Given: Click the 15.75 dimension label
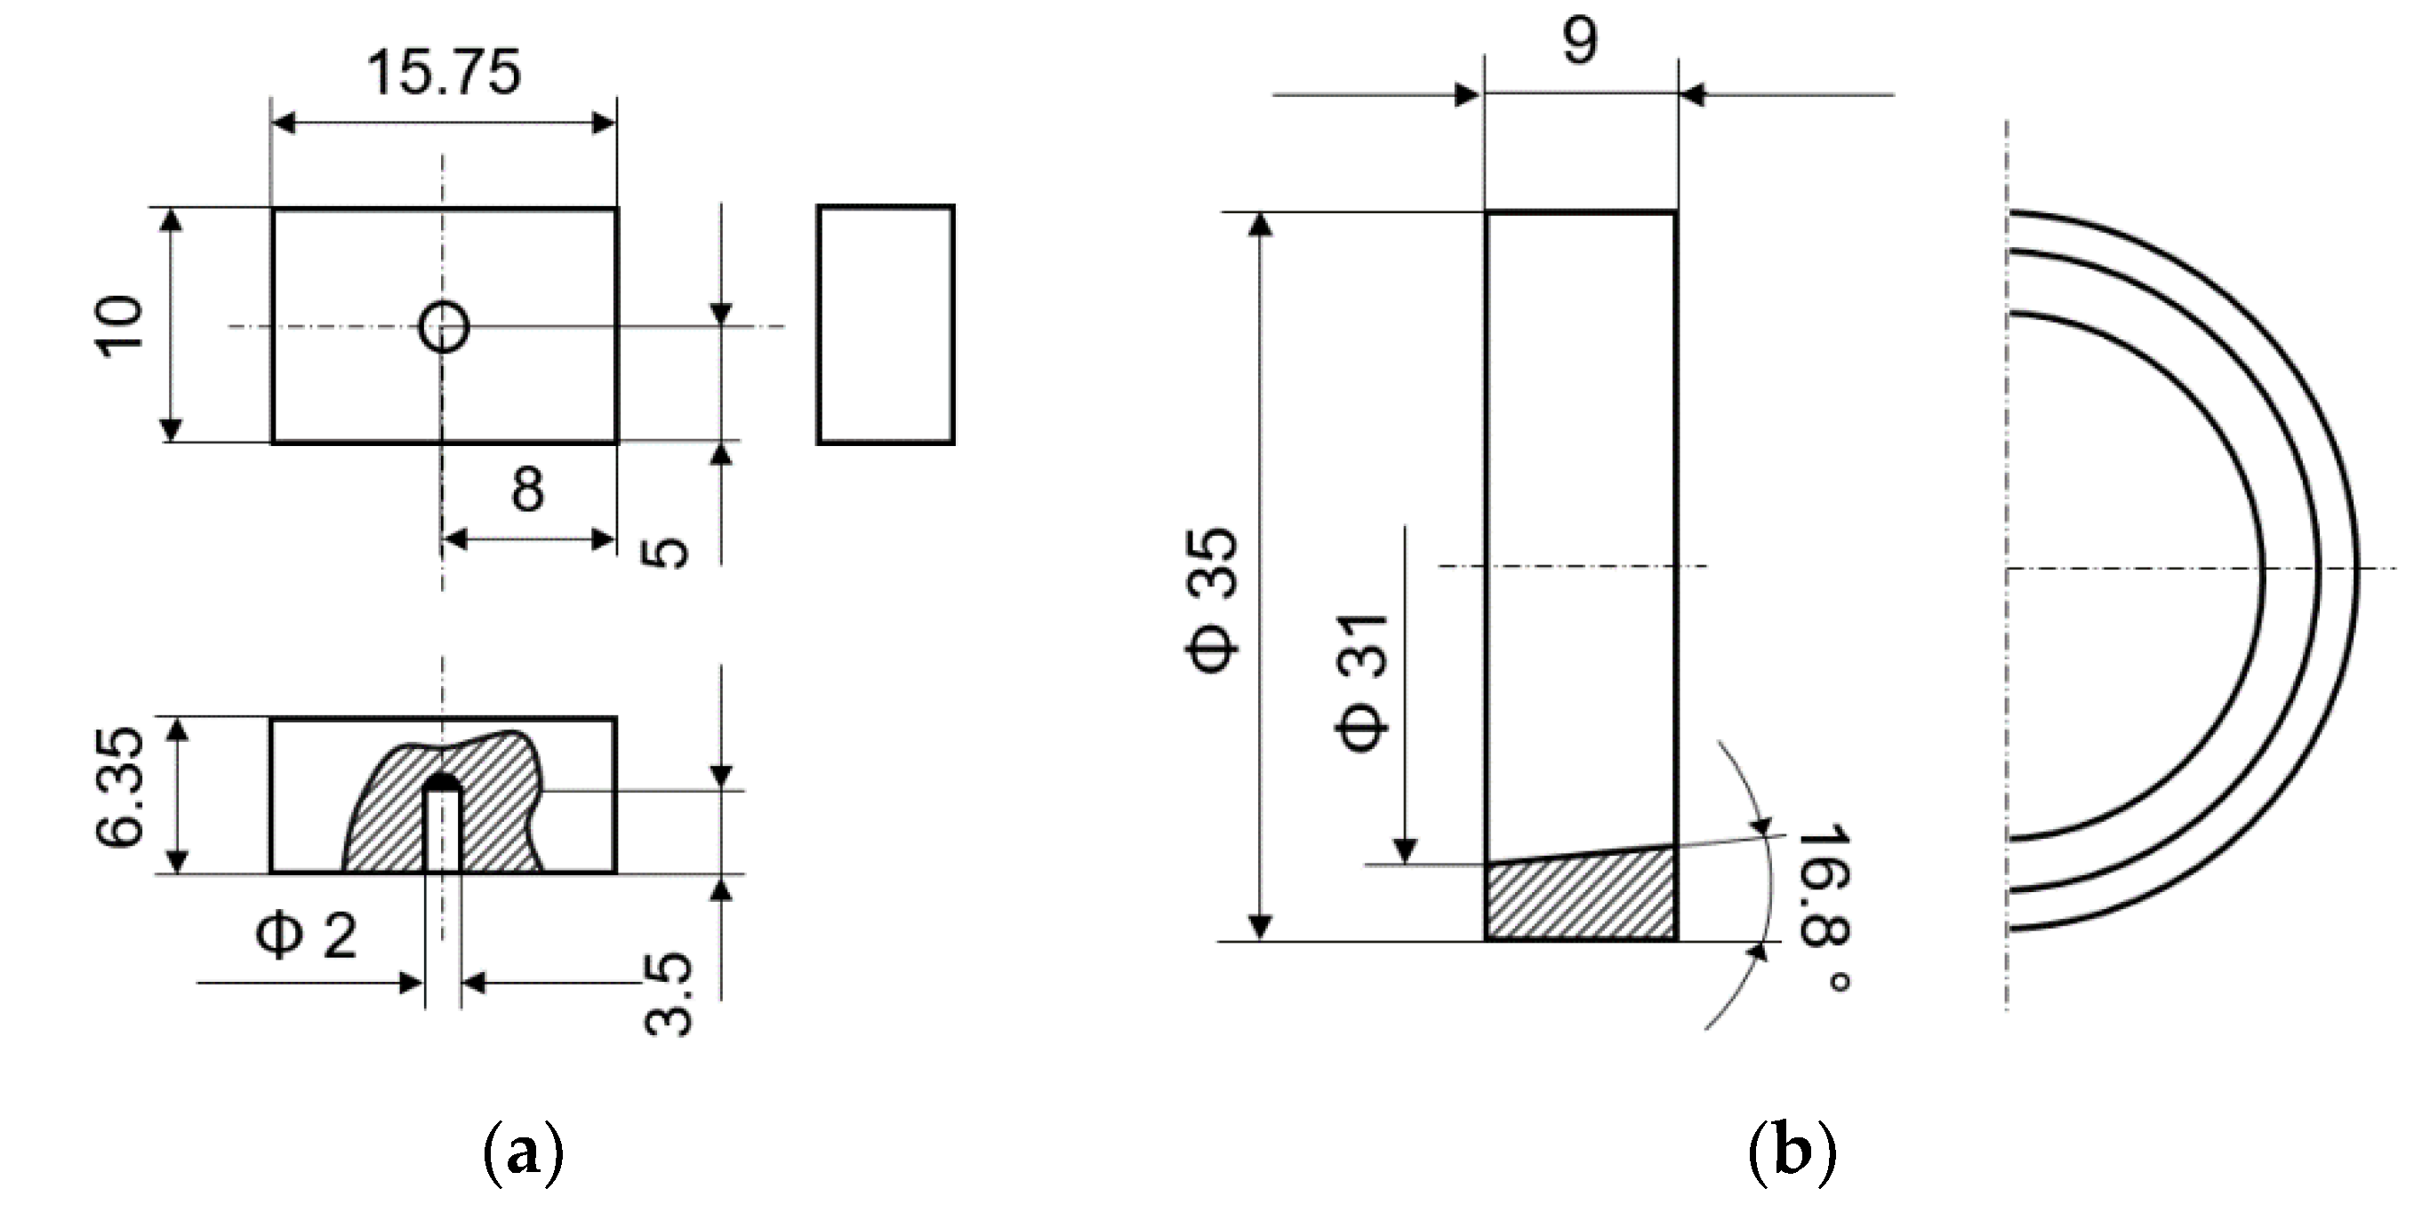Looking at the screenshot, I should coord(443,74).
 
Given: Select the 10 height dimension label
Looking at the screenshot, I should coord(122,323).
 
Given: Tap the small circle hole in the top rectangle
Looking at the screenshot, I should coord(443,327).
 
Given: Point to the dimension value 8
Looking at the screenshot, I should coord(527,490).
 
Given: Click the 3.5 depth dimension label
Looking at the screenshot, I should coord(670,993).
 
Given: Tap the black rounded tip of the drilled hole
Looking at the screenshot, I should coord(442,782).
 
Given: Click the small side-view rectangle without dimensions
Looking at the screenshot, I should coord(885,324).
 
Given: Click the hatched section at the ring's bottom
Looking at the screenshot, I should coord(1581,897).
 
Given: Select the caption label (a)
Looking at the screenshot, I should coord(523,1154).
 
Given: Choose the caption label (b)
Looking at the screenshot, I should coord(1791,1154).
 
